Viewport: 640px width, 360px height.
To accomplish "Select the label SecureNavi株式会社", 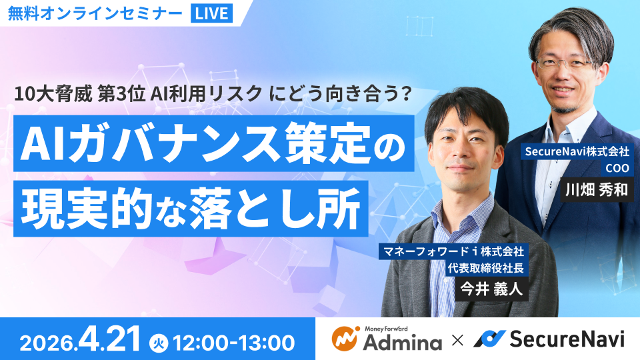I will pos(579,153).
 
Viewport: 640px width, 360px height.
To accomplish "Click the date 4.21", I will pos(109,340).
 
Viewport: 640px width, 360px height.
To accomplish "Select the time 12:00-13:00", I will pos(233,342).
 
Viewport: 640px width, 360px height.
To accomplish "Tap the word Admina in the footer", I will pos(403,343).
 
